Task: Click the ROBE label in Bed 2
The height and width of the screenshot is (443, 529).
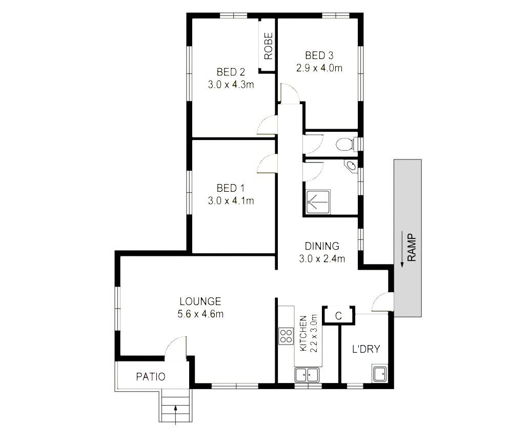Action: (x=268, y=46)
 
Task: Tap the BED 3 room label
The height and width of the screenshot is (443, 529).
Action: (x=319, y=55)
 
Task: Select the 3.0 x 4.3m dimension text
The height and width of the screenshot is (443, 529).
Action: (x=231, y=85)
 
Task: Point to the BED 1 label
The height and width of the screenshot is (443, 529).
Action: (x=231, y=188)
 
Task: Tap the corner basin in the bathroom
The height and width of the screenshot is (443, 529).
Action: (x=351, y=166)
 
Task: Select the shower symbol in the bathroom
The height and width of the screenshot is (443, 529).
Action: (x=318, y=202)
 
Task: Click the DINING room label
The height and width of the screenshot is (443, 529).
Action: (x=322, y=246)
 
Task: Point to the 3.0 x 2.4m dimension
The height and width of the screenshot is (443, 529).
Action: (x=322, y=259)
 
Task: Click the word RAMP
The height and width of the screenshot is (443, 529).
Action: (x=412, y=248)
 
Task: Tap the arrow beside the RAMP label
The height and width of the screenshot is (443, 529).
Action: (x=402, y=249)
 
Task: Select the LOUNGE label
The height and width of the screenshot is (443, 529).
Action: (x=200, y=301)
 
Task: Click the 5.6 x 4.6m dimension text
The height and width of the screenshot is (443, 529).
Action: (x=200, y=314)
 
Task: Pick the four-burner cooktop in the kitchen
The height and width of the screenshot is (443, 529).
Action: (x=286, y=336)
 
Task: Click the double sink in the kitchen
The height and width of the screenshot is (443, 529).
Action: (x=307, y=375)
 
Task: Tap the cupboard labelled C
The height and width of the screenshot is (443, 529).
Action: (x=339, y=315)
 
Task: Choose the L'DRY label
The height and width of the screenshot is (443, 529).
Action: (x=366, y=349)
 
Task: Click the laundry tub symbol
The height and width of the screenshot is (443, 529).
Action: (x=380, y=373)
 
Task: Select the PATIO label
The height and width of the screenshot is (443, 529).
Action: (x=151, y=376)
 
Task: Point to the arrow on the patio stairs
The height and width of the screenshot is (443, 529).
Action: (x=175, y=415)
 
